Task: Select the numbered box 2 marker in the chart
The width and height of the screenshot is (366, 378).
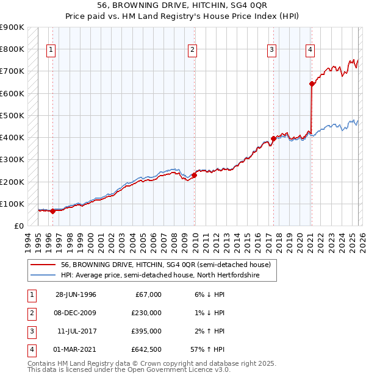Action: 192,50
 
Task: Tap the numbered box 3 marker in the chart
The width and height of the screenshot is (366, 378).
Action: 271,50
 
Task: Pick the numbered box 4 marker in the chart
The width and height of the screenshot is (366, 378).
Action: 310,50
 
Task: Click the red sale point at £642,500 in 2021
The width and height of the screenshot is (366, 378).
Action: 312,84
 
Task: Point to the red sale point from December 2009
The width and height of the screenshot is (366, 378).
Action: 194,176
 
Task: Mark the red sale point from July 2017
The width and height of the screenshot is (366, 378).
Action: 273,139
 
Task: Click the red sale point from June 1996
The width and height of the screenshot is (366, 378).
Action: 52,212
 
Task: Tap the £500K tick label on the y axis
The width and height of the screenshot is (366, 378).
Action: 12,115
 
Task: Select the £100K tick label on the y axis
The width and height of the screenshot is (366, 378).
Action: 12,204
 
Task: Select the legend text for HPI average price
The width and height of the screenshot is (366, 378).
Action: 160,276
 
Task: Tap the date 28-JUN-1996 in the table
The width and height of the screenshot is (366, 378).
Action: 76,294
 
